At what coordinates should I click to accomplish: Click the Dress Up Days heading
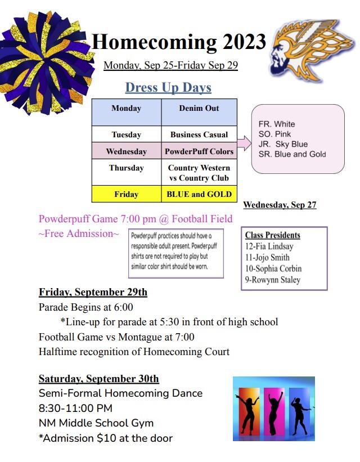coord(168,88)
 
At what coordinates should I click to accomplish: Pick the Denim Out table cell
coord(199,108)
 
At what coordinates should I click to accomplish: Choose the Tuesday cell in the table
coord(126,134)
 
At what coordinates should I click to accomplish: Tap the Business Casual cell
coord(199,134)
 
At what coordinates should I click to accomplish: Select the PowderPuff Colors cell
coord(199,151)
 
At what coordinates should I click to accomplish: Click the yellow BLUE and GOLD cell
coord(199,194)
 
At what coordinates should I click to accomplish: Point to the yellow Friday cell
coord(126,194)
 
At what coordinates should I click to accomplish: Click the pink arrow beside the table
coord(244,144)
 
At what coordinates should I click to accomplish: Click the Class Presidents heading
coord(272,235)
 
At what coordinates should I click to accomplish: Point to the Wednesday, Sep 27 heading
coord(280,205)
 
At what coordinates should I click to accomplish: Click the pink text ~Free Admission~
coord(79,234)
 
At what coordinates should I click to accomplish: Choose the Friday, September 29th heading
coord(93,292)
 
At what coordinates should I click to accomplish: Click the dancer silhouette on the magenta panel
coord(274,411)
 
